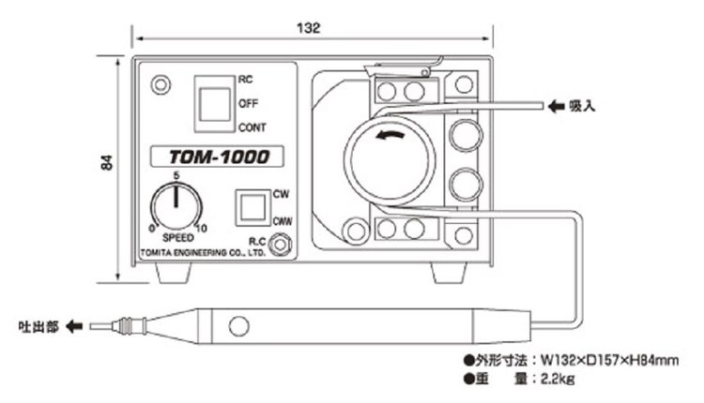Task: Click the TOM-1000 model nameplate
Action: tap(211, 158)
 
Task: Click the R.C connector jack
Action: tap(279, 246)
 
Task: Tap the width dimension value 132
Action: tap(312, 28)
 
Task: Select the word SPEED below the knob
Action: tap(174, 239)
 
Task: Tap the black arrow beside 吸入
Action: tap(556, 107)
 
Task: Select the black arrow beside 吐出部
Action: tap(75, 326)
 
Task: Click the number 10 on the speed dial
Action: tap(201, 228)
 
